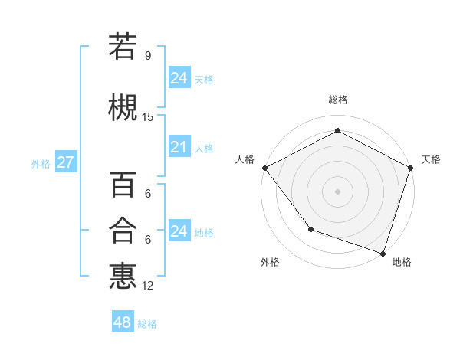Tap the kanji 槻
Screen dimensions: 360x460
tap(123, 106)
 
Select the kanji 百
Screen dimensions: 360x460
tap(123, 185)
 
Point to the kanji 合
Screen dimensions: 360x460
tap(123, 230)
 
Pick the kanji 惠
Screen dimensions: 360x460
tap(123, 275)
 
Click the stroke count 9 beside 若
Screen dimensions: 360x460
tap(147, 56)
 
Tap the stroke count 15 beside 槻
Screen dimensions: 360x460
tap(148, 117)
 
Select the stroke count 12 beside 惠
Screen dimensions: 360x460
tap(148, 286)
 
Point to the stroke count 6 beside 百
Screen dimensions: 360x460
tap(147, 195)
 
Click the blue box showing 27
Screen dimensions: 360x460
tap(65, 162)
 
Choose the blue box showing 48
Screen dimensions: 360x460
tap(122, 322)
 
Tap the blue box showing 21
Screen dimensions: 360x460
tap(179, 146)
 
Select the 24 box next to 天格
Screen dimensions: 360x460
tap(179, 77)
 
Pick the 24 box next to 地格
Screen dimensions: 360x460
tap(179, 231)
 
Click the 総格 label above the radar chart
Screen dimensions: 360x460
tap(338, 100)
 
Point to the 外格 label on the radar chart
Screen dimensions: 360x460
tap(270, 262)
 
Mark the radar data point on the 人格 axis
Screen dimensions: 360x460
tap(264, 168)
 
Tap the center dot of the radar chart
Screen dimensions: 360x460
tap(338, 191)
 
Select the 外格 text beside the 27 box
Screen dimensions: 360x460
tap(41, 163)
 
